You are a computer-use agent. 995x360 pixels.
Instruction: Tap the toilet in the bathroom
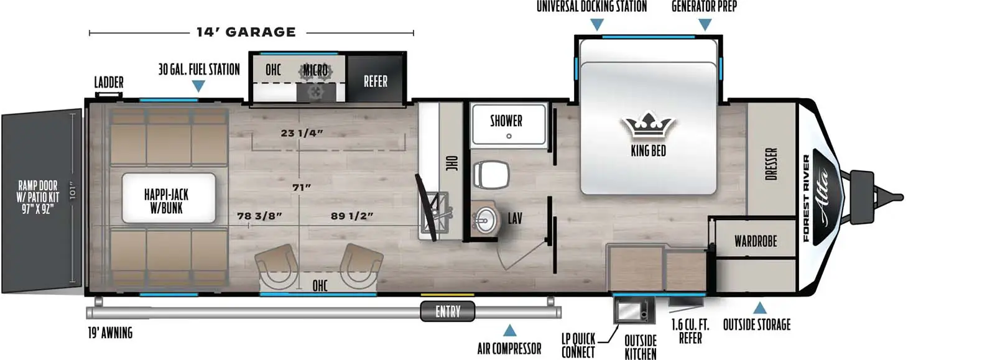(x=491, y=173)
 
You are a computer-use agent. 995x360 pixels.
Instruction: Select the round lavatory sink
(x=484, y=219)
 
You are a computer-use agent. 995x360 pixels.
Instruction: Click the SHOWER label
(x=506, y=121)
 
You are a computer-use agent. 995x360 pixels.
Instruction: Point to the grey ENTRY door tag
(x=448, y=311)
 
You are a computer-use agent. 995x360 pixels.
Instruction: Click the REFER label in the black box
(x=376, y=81)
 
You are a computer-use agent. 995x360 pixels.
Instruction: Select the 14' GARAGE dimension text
(x=246, y=32)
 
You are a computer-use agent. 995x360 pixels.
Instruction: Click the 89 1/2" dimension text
(x=352, y=216)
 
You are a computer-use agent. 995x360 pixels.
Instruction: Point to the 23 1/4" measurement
(x=302, y=133)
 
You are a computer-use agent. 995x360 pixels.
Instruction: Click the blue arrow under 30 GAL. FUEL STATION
(x=198, y=86)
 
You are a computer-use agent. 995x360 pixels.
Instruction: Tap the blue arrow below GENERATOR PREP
(x=705, y=25)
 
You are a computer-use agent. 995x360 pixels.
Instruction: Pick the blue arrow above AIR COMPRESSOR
(x=509, y=330)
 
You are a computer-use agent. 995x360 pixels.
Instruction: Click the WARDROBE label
(x=756, y=241)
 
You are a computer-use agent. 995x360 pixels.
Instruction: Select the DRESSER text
(x=771, y=164)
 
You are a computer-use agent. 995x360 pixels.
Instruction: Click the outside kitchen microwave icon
(x=631, y=310)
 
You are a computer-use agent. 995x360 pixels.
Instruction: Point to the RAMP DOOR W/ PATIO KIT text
(x=38, y=196)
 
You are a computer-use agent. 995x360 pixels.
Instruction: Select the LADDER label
(x=109, y=82)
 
